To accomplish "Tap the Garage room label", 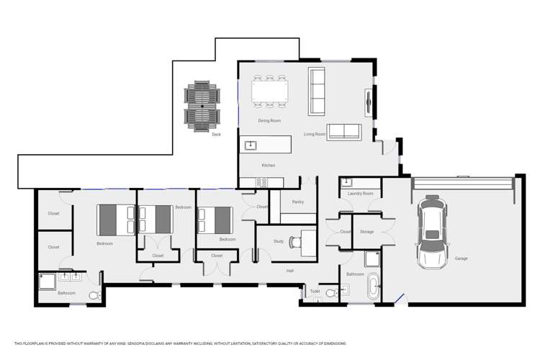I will pyautogui.click(x=461, y=258).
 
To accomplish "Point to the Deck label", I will pyautogui.click(x=216, y=134).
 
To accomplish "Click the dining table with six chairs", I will pyautogui.click(x=269, y=92).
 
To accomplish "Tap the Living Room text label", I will pyautogui.click(x=315, y=134).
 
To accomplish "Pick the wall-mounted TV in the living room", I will pyautogui.click(x=369, y=101).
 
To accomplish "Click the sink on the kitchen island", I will pyautogui.click(x=251, y=145).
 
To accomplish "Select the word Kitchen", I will pyautogui.click(x=268, y=166).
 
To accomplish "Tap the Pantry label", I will pyautogui.click(x=298, y=202).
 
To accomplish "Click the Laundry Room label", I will pyautogui.click(x=360, y=194).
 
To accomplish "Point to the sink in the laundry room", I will pyautogui.click(x=347, y=182).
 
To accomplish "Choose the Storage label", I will pyautogui.click(x=366, y=232).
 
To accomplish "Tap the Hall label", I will pyautogui.click(x=289, y=271).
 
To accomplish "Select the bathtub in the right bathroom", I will pyautogui.click(x=373, y=287).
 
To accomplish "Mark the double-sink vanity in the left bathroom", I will pyautogui.click(x=70, y=276).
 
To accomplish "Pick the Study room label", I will pyautogui.click(x=278, y=241).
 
